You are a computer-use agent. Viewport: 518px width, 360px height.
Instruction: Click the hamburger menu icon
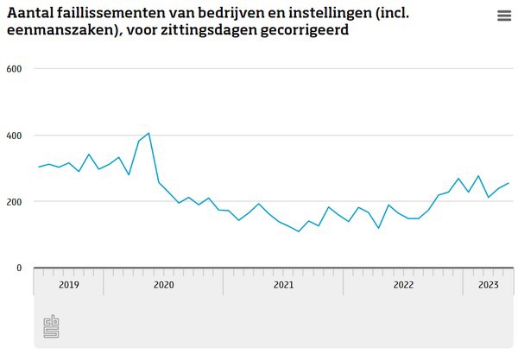pyautogui.click(x=504, y=16)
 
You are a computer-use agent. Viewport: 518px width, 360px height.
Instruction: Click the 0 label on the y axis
pyautogui.click(x=18, y=268)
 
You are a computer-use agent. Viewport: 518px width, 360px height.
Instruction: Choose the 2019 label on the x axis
pyautogui.click(x=68, y=284)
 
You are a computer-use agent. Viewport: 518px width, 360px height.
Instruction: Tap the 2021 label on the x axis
pyautogui.click(x=283, y=284)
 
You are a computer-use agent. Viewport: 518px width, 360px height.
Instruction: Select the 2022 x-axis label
pyautogui.click(x=403, y=284)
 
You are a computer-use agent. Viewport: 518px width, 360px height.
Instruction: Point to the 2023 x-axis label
pyautogui.click(x=489, y=284)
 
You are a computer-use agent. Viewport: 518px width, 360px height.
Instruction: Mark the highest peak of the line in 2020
pyautogui.click(x=148, y=133)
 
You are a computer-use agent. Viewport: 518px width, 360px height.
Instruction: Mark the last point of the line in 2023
pyautogui.click(x=509, y=183)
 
